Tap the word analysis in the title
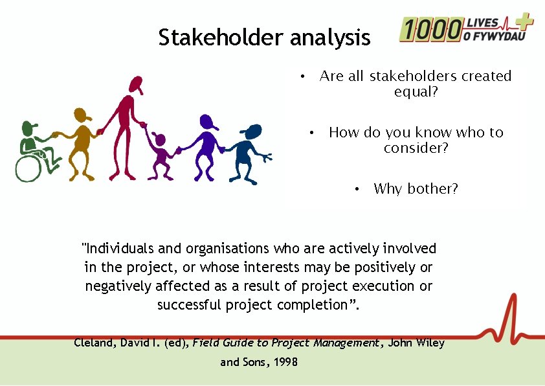pyautogui.click(x=330, y=38)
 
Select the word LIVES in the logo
pyautogui.click(x=482, y=23)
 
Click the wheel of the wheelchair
pyautogui.click(x=28, y=168)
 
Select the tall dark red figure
pyautogui.click(x=126, y=126)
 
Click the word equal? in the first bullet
pyautogui.click(x=416, y=92)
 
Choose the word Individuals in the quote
pyautogui.click(x=118, y=249)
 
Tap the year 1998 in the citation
pyautogui.click(x=285, y=362)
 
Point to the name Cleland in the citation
pyautogui.click(x=95, y=343)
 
